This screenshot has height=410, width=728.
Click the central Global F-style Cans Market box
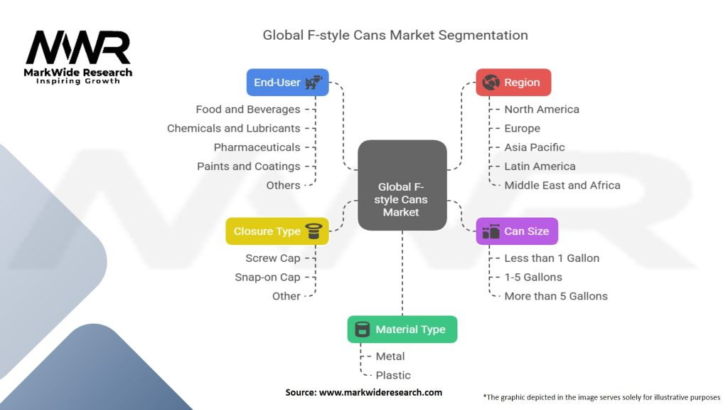402,185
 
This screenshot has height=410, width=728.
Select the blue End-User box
287,83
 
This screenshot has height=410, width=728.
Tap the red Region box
513,83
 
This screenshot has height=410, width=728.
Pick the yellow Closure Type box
277,231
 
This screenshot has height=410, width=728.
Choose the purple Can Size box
517,231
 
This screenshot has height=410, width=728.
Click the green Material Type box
402,330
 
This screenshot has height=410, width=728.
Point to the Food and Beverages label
248,110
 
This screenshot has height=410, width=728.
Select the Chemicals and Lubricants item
233,128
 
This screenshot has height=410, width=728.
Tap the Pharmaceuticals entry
257,147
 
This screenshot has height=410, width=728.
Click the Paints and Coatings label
248,166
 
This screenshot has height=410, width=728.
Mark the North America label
542,110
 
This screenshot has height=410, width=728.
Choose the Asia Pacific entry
535,147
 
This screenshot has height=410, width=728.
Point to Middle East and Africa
562,185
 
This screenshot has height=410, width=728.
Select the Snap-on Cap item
267,277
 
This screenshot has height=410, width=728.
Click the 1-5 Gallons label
533,277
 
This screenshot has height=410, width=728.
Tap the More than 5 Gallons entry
556,296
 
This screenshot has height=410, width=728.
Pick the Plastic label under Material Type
393,375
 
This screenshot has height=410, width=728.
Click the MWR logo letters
78,48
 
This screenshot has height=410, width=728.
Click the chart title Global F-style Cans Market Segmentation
395,35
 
